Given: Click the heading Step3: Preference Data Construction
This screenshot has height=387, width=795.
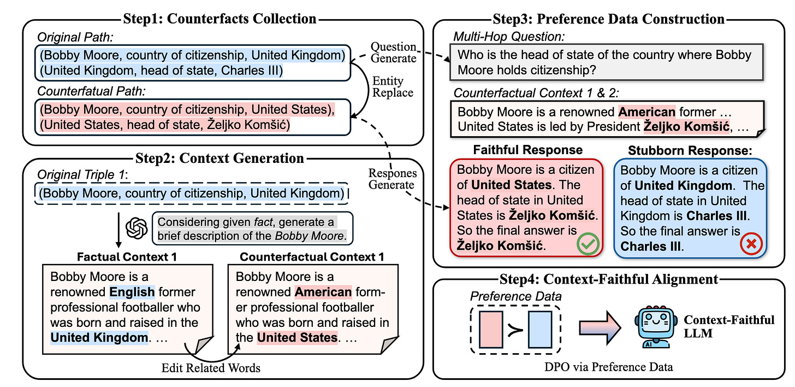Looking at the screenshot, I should coord(609,19).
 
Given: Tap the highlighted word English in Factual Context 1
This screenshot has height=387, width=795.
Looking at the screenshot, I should coord(132,292).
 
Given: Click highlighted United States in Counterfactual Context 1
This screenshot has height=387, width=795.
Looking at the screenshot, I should coord(298,337).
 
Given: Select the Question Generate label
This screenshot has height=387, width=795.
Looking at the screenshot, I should coord(393,52).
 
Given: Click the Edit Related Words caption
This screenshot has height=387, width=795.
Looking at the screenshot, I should coord(211,367).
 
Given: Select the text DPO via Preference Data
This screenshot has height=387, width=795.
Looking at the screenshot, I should coord(609,367).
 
